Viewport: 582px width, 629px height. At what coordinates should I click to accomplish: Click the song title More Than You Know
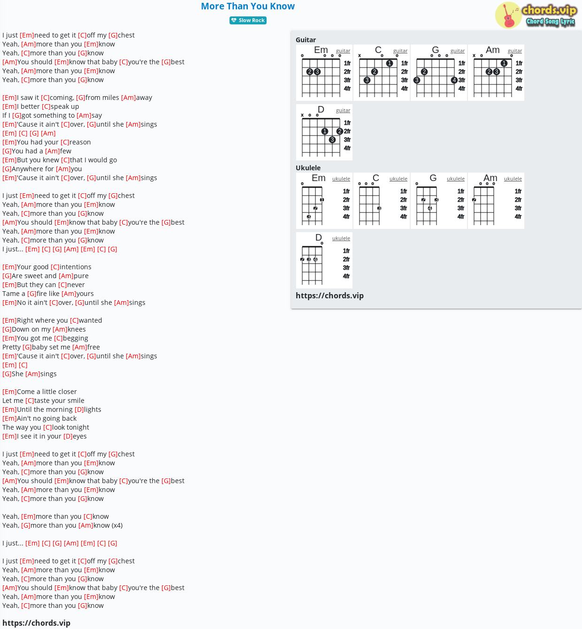(247, 7)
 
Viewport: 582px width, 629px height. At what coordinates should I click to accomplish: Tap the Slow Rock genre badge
(248, 20)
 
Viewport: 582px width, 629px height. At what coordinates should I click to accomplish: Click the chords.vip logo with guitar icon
(536, 15)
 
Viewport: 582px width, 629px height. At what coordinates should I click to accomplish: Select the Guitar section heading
(306, 40)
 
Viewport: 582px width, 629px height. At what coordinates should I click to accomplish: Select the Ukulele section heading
(308, 168)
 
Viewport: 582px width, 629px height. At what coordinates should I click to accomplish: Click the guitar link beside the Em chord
(343, 51)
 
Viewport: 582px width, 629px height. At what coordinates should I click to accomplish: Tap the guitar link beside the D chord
(343, 111)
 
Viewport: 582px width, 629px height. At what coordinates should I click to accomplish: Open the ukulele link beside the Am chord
(513, 179)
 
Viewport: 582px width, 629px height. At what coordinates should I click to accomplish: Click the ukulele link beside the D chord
(341, 238)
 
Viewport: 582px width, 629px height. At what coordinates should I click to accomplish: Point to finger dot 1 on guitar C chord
(389, 63)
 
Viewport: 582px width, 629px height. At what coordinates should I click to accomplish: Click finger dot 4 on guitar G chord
(454, 80)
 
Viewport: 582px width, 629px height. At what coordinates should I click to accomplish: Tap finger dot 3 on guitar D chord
(332, 140)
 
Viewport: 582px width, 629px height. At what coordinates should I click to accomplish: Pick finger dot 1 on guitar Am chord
(504, 63)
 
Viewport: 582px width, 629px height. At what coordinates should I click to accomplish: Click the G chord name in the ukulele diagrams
(433, 178)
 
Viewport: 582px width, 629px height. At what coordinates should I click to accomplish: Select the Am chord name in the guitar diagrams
(493, 50)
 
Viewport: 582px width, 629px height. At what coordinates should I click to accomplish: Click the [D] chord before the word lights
(79, 409)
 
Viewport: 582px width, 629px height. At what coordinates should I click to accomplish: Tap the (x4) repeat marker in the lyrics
(117, 525)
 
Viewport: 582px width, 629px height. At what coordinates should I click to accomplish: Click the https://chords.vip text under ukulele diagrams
(329, 296)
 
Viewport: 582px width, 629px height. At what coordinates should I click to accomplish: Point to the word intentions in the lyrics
(76, 267)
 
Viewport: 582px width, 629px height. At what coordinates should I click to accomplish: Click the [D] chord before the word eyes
(68, 436)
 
